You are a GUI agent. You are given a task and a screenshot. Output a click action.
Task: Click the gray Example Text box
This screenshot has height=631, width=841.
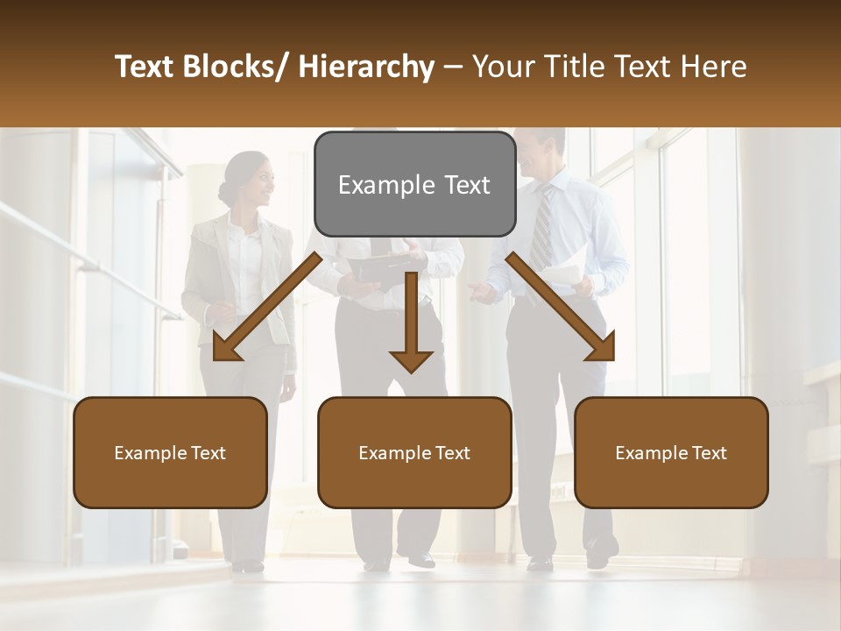414,184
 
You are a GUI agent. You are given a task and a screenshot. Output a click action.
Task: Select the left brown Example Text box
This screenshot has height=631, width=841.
170,453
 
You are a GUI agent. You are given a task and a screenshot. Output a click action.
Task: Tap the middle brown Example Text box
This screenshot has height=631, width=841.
414,453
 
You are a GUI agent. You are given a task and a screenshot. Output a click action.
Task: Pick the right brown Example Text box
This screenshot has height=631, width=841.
671,453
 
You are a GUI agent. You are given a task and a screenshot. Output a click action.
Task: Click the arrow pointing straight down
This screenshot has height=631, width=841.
411,324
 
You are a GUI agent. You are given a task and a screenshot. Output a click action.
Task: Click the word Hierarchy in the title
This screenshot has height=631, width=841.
366,67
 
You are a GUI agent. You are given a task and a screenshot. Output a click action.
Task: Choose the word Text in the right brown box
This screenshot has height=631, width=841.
709,453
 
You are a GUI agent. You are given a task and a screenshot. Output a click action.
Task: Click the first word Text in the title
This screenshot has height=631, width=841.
143,67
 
